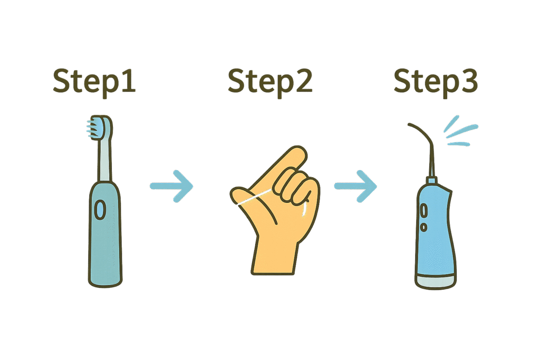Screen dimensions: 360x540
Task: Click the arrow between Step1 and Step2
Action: coord(172,186)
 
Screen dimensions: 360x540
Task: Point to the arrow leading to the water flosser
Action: coord(355,186)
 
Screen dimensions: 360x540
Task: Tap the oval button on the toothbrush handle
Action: coord(100,210)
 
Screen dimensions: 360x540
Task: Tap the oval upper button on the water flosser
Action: coord(423,210)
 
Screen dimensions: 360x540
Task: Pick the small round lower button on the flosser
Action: coord(424,227)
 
